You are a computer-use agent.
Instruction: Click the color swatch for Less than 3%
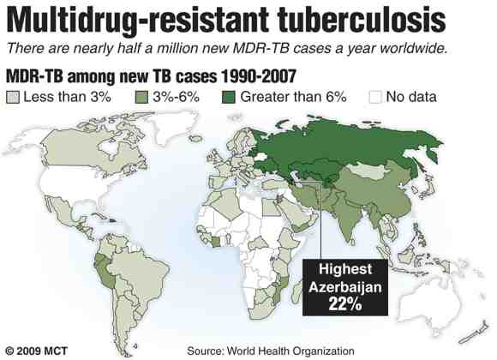point(13,96)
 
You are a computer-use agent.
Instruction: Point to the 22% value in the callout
point(348,303)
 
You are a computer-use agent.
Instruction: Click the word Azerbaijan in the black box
point(348,284)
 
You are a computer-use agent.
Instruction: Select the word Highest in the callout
point(348,267)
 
